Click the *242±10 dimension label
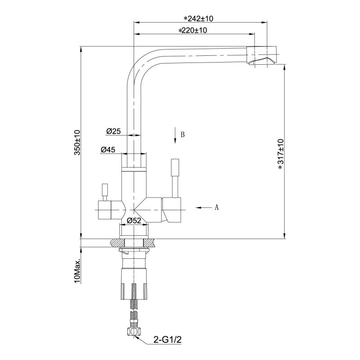(x=198, y=18)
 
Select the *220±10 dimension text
(x=193, y=31)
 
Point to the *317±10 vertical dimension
(x=280, y=154)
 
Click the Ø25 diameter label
(x=113, y=131)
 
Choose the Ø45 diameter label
(x=108, y=150)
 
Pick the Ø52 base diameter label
(x=135, y=220)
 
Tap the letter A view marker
(x=216, y=207)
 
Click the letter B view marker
(x=183, y=134)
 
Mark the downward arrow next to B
(x=174, y=135)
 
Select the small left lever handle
(x=104, y=192)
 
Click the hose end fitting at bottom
(x=134, y=332)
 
